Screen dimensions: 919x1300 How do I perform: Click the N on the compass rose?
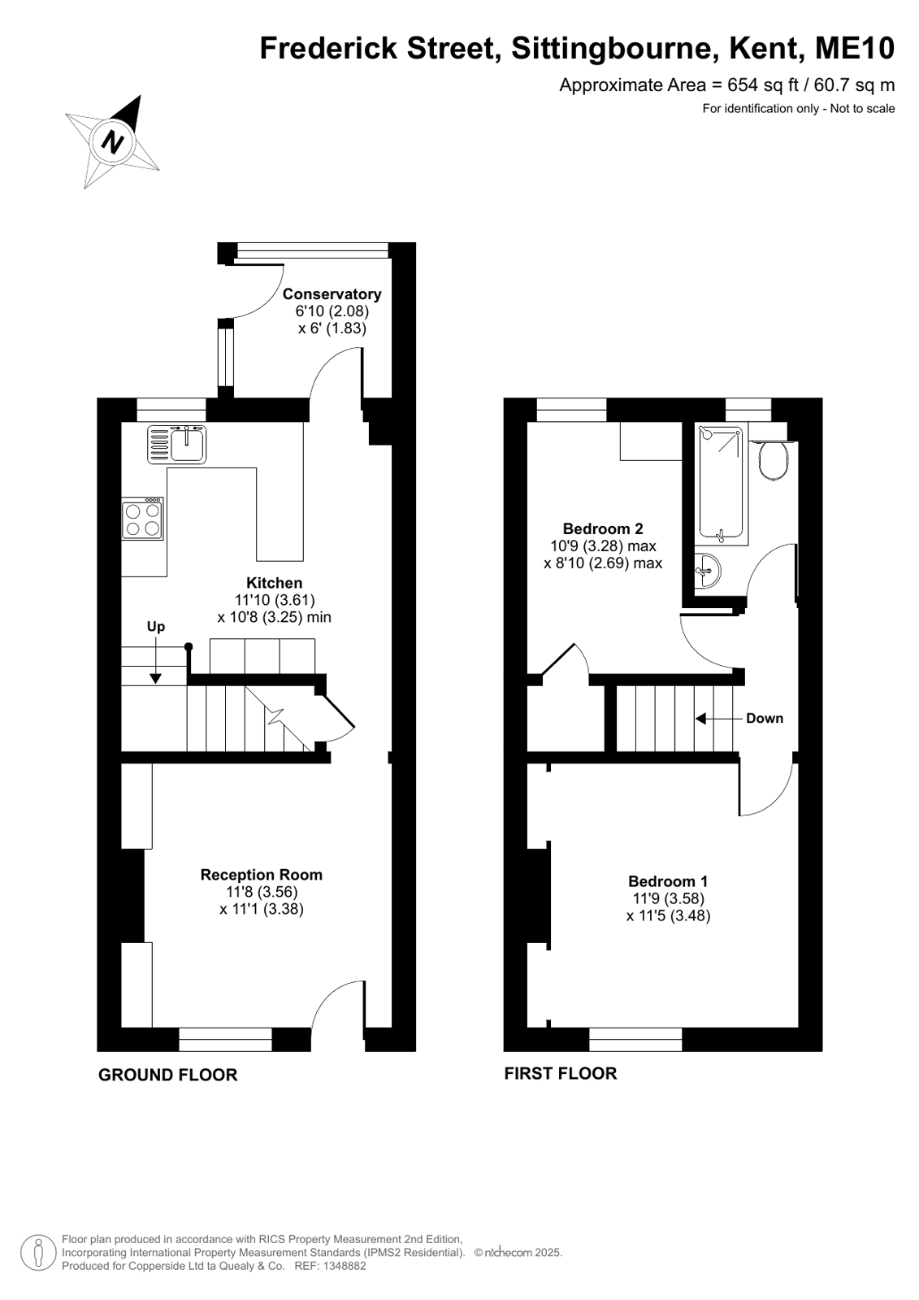point(112,141)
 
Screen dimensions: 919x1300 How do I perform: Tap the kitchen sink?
point(176,444)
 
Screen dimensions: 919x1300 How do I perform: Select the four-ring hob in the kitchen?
point(143,518)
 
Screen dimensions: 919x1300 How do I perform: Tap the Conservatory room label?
point(332,294)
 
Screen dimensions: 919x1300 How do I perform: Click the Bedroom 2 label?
point(603,528)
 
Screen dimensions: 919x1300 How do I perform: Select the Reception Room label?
point(261,875)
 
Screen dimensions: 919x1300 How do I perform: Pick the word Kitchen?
point(275,583)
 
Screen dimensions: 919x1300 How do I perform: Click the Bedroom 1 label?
point(668,881)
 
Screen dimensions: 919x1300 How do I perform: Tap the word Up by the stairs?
point(155,627)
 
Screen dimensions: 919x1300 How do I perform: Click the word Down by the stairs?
point(765,719)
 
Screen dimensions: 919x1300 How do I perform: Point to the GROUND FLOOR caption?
point(167,1075)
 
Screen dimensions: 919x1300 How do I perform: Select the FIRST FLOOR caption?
point(561,1074)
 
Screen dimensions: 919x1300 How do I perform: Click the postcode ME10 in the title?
point(855,48)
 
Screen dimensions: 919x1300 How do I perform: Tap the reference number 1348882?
point(346,1266)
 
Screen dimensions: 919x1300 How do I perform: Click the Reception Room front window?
point(225,1039)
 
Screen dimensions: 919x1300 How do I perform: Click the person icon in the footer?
point(38,1253)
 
